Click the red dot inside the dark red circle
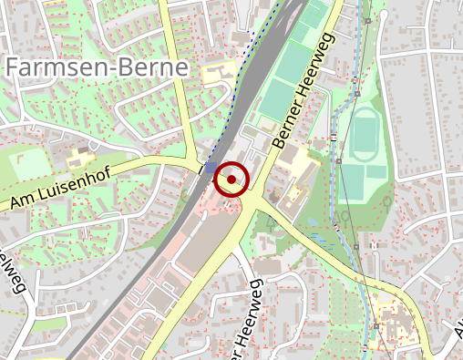[x=231, y=180]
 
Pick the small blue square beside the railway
[x=211, y=168]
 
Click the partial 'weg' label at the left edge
[x=13, y=273]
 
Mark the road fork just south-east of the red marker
[x=254, y=206]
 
